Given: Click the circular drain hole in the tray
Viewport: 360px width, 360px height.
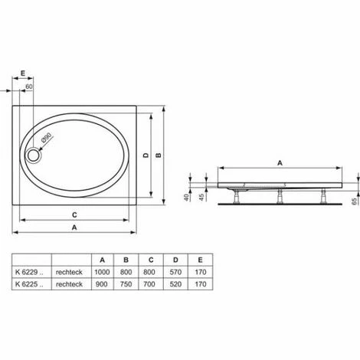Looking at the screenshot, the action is click(34, 155).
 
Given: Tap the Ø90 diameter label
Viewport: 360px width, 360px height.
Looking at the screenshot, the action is click(46, 137).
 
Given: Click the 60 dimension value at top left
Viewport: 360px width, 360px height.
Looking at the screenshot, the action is click(29, 87).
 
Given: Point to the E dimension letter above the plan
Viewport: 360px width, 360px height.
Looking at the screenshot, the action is click(23, 74).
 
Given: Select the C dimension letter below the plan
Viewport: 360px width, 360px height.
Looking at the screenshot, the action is click(74, 215).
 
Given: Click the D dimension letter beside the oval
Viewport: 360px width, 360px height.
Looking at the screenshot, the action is click(146, 155).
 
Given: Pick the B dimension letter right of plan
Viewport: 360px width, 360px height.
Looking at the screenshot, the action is click(159, 155).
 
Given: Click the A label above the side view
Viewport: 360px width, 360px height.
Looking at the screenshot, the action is click(280, 163).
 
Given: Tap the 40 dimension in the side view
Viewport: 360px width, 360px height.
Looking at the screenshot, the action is click(187, 198).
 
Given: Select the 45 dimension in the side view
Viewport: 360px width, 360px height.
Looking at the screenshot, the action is click(201, 198).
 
